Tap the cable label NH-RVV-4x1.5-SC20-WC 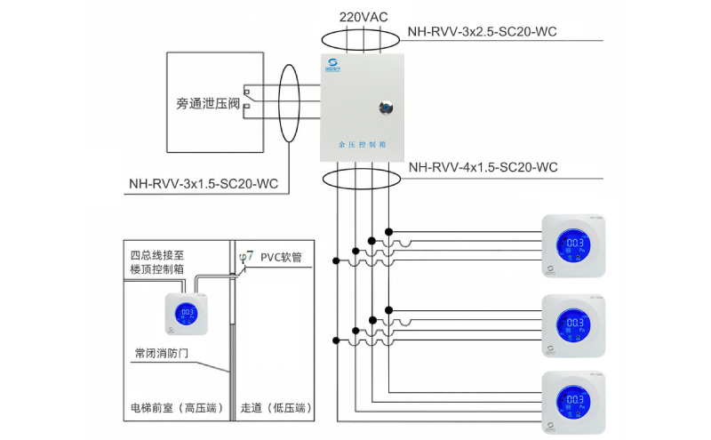click(483, 167)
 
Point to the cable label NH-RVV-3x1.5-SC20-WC click(204, 185)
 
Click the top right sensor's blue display click(574, 246)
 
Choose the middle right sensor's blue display click(574, 324)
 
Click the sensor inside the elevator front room click(188, 315)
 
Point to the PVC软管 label click(282, 257)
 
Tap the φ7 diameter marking click(246, 256)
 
